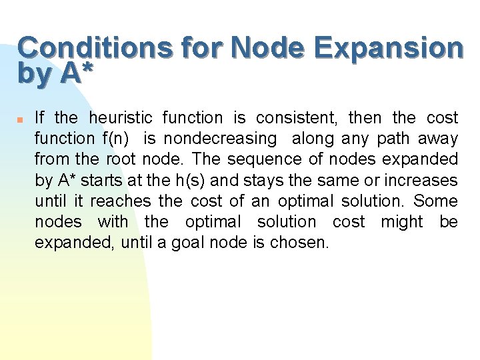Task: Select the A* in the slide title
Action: click(74, 73)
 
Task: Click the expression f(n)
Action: click(116, 139)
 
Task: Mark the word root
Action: click(120, 159)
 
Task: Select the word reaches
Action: click(117, 201)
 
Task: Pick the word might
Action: click(402, 221)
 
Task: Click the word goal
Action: click(187, 242)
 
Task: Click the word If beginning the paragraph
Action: click(39, 118)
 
